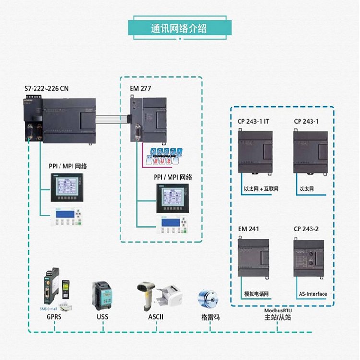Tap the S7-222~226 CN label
47,88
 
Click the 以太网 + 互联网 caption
261,189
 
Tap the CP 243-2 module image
310,257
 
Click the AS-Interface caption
312,294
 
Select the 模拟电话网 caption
256,294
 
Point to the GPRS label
54,317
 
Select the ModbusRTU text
278,310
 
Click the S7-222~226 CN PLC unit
59,120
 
